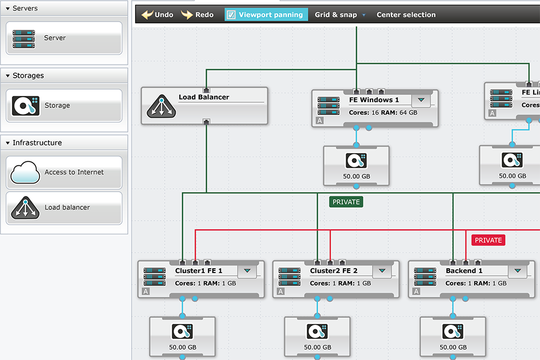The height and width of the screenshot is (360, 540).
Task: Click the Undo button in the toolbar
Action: coord(157,15)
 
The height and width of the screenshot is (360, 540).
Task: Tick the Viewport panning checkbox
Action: coord(231,15)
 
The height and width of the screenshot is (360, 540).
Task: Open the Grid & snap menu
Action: coord(340,15)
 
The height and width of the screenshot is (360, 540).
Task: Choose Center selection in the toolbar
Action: coord(406,15)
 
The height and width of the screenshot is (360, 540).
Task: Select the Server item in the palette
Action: coord(64,38)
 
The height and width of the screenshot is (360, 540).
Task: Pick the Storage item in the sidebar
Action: coord(64,106)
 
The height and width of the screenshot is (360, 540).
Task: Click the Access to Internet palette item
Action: coord(64,173)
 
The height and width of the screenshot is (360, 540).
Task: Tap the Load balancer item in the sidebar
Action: coord(64,208)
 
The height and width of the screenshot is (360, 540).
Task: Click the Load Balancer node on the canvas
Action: coord(204,106)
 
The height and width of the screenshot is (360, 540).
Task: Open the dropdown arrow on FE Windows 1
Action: coord(421,100)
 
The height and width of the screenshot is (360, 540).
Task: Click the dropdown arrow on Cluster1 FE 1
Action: coord(247,271)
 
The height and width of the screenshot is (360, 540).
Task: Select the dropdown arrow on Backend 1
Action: coord(518,271)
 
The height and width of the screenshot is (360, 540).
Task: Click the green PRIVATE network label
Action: coord(346,202)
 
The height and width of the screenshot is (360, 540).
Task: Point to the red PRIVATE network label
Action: coord(488,240)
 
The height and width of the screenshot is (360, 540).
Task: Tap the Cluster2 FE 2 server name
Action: coord(334,271)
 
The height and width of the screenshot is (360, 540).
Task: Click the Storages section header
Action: coord(64,76)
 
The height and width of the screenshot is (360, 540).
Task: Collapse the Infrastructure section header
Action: coord(64,143)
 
